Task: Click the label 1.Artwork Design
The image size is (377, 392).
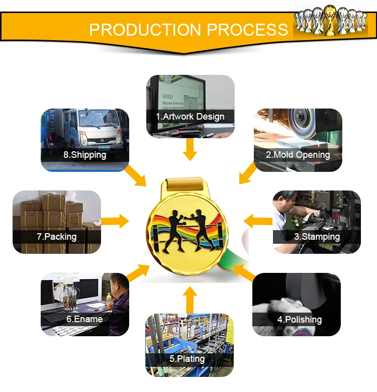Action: (190, 117)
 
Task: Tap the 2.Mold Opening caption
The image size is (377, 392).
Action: (298, 155)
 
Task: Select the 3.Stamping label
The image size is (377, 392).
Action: (317, 236)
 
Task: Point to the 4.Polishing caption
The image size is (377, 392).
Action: (299, 319)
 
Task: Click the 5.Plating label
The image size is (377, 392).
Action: (187, 359)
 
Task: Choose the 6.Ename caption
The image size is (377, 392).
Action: (84, 319)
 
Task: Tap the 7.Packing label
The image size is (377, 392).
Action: (56, 236)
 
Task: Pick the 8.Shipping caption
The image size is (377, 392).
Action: (84, 155)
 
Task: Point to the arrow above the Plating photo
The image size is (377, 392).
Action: (190, 300)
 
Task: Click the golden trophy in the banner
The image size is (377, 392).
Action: (330, 20)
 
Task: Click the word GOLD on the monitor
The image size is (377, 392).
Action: (167, 96)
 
